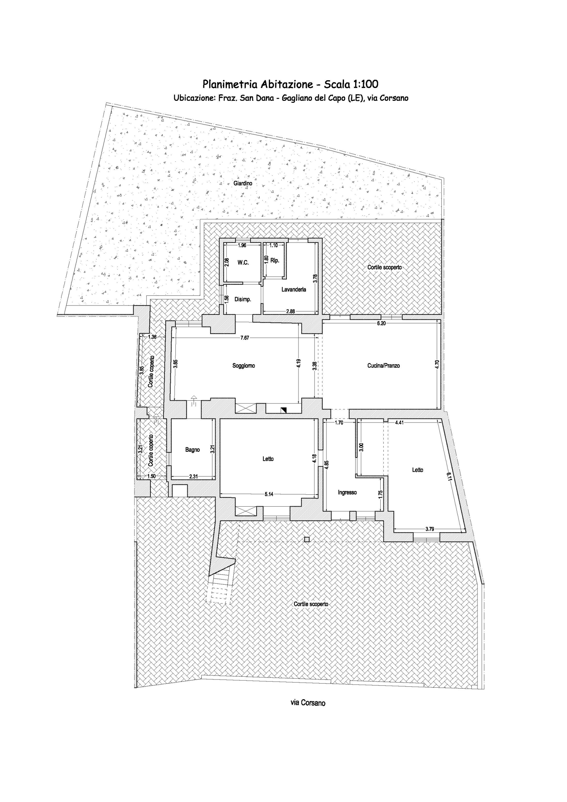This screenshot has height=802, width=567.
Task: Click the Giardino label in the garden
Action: click(x=243, y=183)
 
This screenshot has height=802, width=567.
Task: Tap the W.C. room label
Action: click(x=243, y=263)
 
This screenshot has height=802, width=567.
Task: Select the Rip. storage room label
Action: click(x=275, y=261)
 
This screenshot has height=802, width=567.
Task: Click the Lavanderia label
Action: click(x=294, y=289)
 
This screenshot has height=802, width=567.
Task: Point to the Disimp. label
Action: click(x=243, y=299)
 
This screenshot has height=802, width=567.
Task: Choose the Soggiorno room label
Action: click(x=243, y=366)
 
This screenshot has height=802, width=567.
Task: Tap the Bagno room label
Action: click(x=192, y=450)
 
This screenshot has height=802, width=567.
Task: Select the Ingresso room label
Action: click(x=347, y=492)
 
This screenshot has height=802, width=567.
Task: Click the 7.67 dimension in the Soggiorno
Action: click(x=245, y=338)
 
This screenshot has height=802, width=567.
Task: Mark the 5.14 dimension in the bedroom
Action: click(x=269, y=494)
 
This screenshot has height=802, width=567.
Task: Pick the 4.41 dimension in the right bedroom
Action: click(x=399, y=422)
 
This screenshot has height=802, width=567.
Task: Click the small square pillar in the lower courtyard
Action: click(x=307, y=539)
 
